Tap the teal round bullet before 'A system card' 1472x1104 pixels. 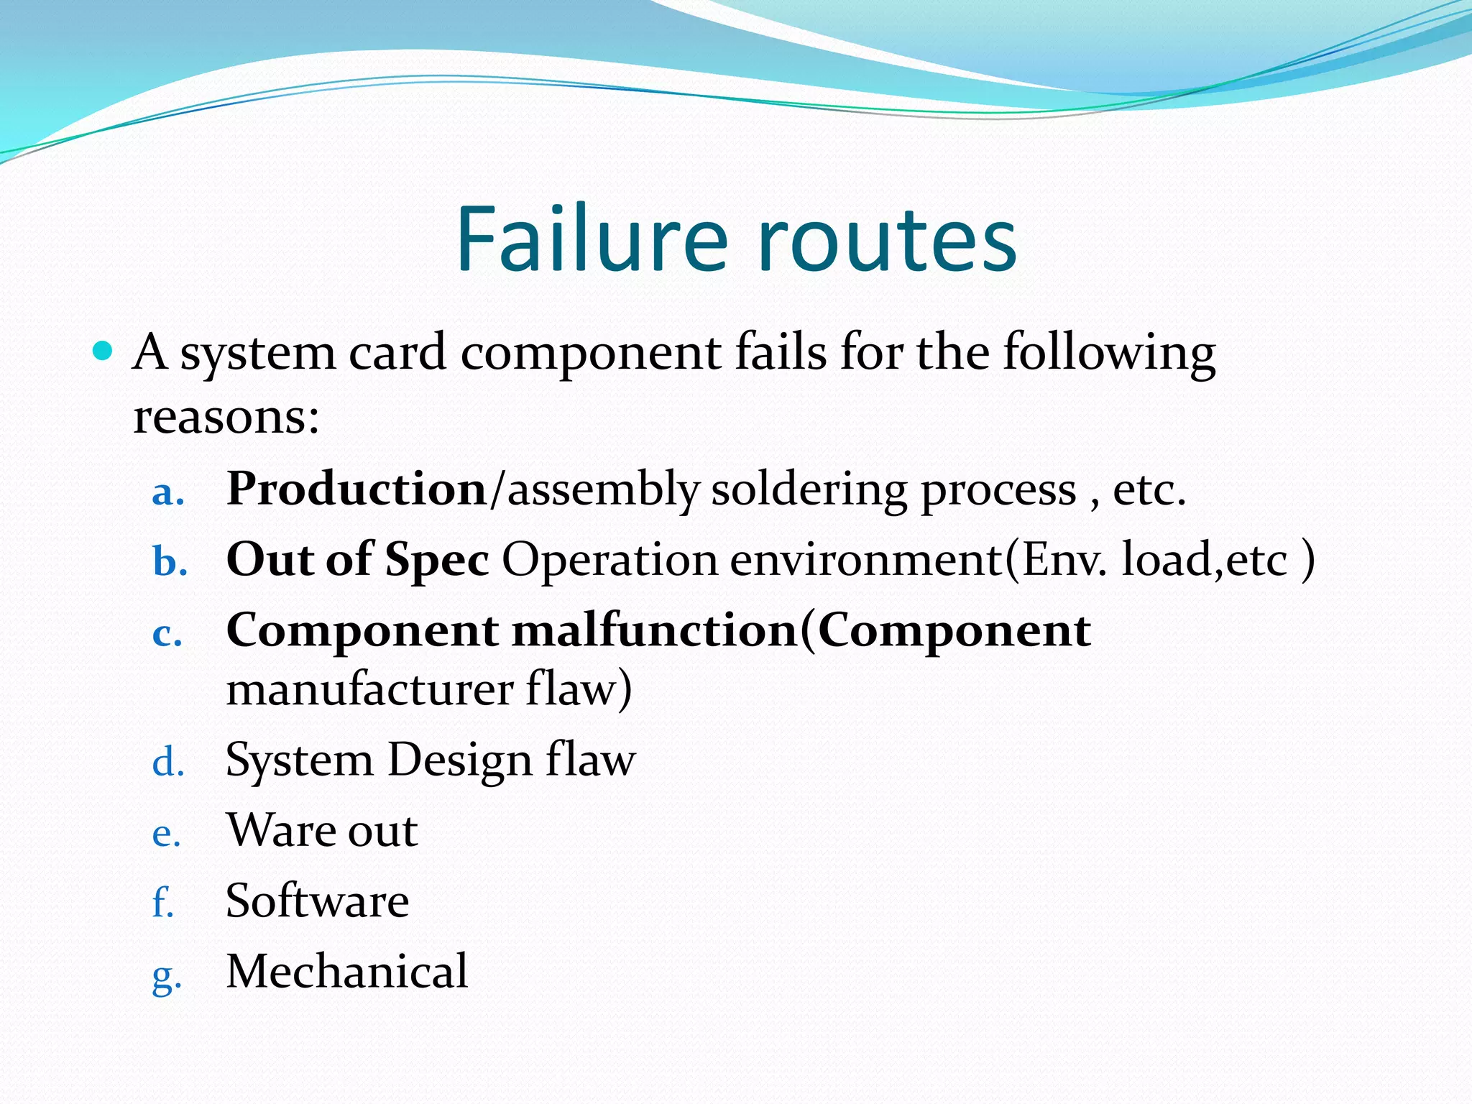[x=103, y=351]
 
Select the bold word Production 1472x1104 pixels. [x=356, y=489]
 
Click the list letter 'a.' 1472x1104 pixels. [x=168, y=493]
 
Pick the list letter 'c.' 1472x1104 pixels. [x=167, y=635]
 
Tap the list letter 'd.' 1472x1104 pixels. [x=168, y=762]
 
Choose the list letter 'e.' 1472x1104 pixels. [x=166, y=834]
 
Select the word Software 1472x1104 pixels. [x=317, y=901]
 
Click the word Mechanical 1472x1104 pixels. [x=347, y=971]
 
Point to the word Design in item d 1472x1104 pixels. [x=459, y=760]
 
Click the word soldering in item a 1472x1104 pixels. [x=809, y=490]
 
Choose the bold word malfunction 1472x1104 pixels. [x=655, y=630]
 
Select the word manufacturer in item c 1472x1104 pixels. [x=369, y=689]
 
